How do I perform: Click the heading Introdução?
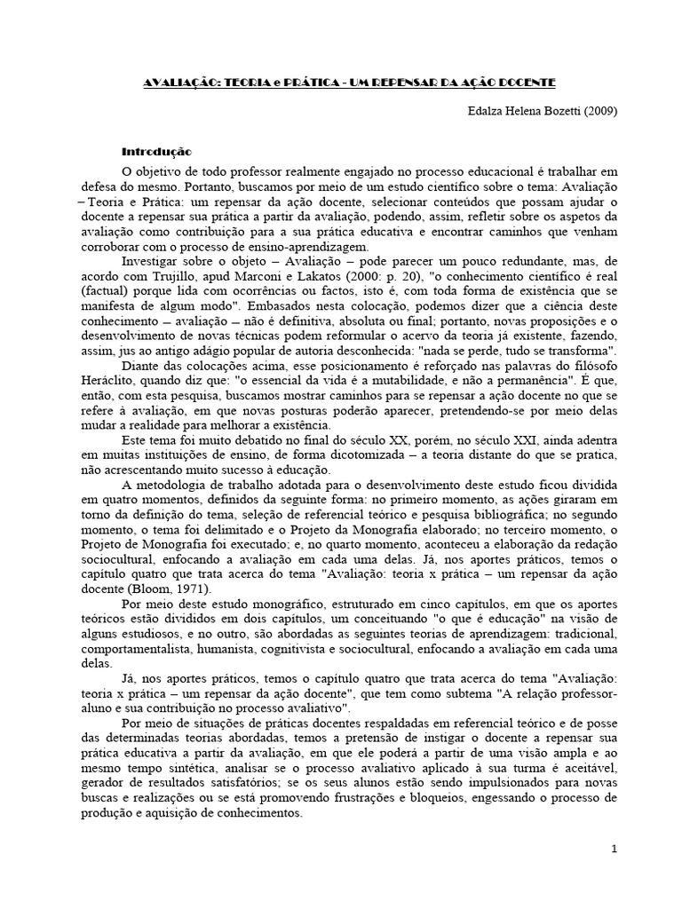(x=156, y=152)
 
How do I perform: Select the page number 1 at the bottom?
(x=614, y=850)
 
